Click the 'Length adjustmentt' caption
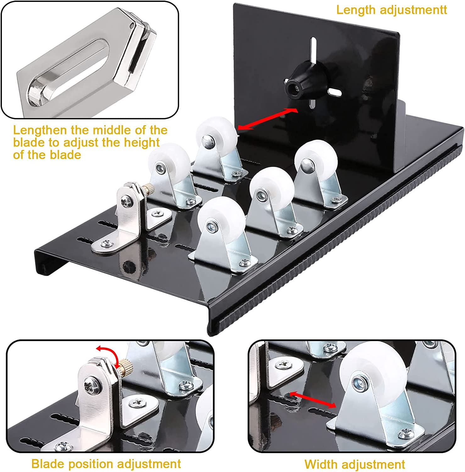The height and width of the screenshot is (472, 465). [391, 10]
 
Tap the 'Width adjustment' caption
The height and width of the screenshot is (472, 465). [354, 464]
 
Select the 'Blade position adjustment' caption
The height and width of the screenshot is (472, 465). [106, 464]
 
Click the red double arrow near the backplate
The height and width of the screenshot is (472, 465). [267, 119]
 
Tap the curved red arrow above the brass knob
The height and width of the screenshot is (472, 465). [108, 354]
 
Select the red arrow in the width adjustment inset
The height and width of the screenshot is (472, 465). [313, 399]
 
